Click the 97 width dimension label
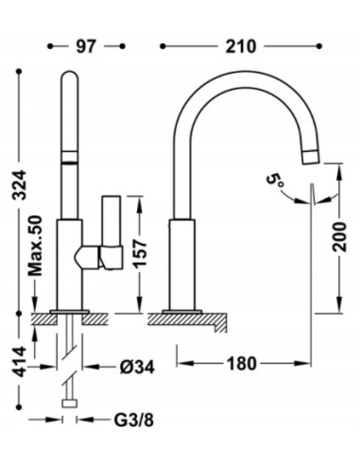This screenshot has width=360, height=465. coord(86,46)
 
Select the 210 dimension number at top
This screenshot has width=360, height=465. coord(241,46)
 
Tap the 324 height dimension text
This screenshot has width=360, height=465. coord(21,184)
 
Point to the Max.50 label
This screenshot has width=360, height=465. coord(35,246)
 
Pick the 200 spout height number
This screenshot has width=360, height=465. coord(339,236)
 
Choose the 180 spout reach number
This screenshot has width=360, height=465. coord(242,364)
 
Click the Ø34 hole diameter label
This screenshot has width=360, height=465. coord(137,367)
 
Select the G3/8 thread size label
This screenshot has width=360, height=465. coord(133,420)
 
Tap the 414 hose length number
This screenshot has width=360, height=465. coord(21,361)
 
